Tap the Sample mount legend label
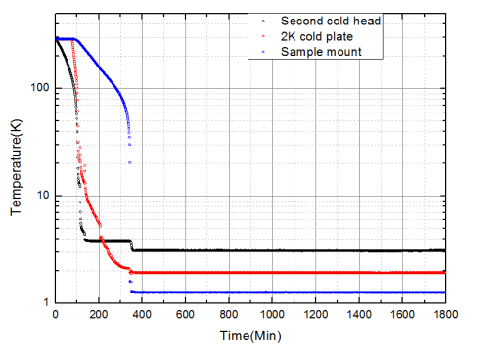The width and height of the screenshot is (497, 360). pyautogui.click(x=321, y=51)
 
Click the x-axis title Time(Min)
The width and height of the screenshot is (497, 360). pyautogui.click(x=250, y=337)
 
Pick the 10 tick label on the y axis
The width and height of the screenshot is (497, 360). pyautogui.click(x=40, y=196)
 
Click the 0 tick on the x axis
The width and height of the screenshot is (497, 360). pyautogui.click(x=56, y=316)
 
